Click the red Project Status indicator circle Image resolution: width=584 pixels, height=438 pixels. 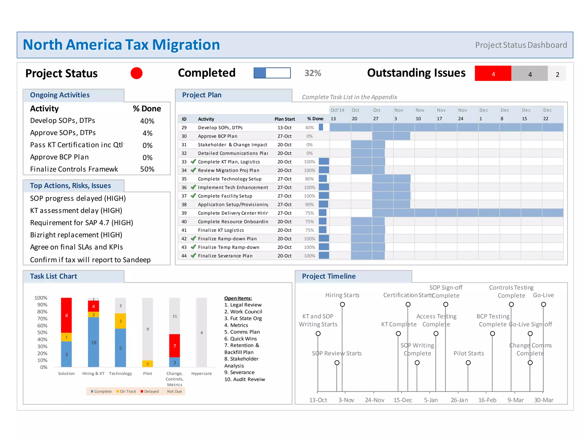click(x=136, y=73)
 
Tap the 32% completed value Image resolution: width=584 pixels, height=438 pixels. click(x=313, y=73)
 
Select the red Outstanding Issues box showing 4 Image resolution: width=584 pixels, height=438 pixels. click(x=493, y=74)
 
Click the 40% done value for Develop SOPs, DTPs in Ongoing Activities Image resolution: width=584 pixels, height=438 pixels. click(x=147, y=121)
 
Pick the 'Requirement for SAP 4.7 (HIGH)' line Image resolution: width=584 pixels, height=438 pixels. click(x=82, y=223)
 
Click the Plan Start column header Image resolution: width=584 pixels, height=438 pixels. click(x=284, y=119)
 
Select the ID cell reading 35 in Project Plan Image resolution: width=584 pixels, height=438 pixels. click(x=184, y=179)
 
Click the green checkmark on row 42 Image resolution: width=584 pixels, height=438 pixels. click(x=193, y=238)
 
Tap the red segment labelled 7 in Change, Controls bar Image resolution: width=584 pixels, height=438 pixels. click(x=175, y=346)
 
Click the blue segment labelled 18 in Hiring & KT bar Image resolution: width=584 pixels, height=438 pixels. click(x=94, y=342)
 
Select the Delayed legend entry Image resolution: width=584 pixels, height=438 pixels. click(x=150, y=392)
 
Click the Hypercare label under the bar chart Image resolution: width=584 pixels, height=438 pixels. click(x=201, y=374)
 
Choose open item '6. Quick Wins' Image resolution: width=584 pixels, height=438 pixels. click(x=240, y=339)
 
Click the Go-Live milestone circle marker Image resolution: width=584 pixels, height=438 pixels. click(x=544, y=305)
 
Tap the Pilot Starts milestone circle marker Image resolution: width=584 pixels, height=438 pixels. click(x=468, y=363)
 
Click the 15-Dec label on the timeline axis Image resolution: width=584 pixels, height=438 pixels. click(x=402, y=400)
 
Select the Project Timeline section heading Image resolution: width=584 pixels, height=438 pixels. click(x=328, y=276)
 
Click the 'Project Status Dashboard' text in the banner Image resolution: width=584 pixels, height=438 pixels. click(x=521, y=45)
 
